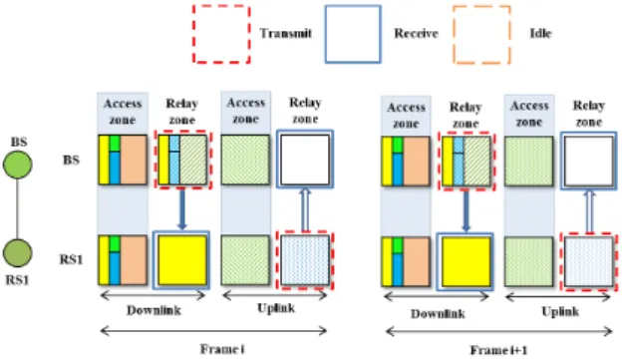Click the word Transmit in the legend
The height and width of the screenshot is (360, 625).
click(285, 33)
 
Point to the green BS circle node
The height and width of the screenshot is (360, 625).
click(18, 165)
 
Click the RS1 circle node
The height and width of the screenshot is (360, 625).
click(18, 253)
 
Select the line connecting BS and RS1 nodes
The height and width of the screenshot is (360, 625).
click(18, 208)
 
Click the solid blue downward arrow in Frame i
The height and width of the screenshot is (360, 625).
click(182, 209)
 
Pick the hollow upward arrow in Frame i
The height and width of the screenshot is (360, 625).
click(305, 209)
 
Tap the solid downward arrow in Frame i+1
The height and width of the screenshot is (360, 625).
click(466, 211)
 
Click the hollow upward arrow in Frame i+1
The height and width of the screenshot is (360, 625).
click(589, 211)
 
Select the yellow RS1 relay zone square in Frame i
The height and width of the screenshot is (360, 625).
click(181, 260)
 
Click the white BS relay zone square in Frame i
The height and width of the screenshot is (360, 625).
click(305, 160)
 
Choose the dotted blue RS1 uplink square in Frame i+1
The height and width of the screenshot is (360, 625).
click(589, 262)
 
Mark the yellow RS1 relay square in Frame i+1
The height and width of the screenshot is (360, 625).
click(466, 262)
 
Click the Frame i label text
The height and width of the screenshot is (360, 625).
click(222, 349)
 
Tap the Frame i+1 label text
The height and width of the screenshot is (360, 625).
click(498, 350)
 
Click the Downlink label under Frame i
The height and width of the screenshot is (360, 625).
click(154, 310)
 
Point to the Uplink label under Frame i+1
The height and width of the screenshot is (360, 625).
click(560, 312)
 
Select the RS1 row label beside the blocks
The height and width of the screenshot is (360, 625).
click(72, 260)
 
